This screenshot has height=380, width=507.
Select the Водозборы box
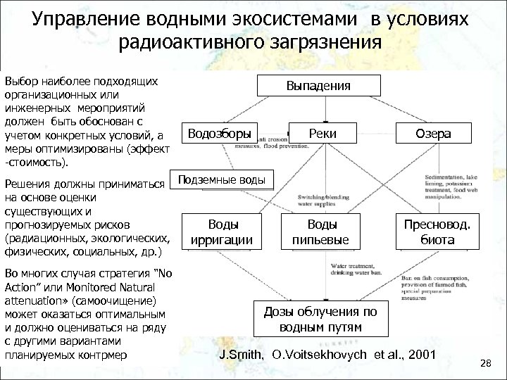[x=219, y=132]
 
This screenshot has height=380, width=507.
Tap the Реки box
[x=326, y=133]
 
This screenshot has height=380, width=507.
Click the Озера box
[x=434, y=133]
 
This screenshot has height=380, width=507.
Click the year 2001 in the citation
[x=420, y=355]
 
